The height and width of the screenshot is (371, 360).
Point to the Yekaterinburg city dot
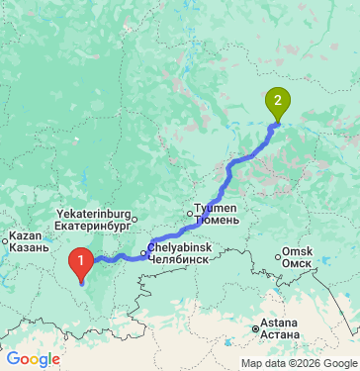136,218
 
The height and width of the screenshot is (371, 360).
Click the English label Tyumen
216,208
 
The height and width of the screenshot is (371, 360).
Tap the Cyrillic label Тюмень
217,220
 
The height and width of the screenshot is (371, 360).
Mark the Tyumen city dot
193,211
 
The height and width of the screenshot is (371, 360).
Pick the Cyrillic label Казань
26,249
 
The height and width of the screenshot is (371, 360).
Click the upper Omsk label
298,250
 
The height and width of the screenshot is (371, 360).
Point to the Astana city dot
256,328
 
